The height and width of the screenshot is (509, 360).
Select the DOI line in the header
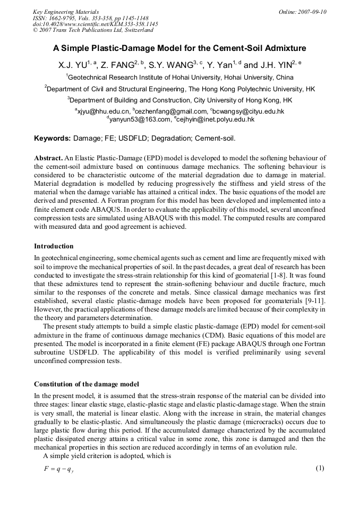click(95, 24)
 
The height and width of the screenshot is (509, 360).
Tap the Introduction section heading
click(54, 246)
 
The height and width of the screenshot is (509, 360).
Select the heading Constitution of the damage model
click(87, 384)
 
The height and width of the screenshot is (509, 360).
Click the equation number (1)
click(320, 468)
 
